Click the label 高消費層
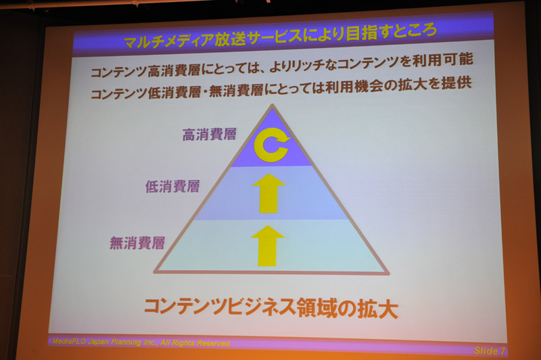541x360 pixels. click(209, 135)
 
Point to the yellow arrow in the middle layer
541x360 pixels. click(270, 193)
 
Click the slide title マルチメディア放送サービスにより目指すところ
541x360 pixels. click(280, 36)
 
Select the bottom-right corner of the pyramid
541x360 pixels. click(387, 273)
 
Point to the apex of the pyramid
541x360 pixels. click(272, 106)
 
